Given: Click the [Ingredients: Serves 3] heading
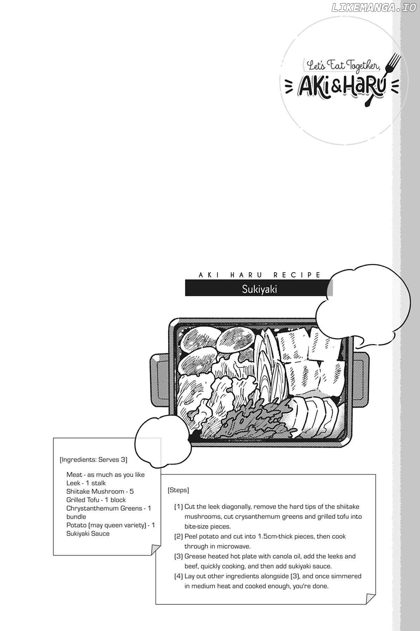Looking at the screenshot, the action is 93,459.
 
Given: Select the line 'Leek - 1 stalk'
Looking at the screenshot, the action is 86,483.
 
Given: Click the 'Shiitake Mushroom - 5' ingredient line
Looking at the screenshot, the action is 100,491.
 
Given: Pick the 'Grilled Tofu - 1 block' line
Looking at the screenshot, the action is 96,500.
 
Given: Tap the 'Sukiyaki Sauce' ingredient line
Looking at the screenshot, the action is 88,534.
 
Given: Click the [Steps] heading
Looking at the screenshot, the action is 178,490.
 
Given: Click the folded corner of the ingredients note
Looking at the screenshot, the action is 156,550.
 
